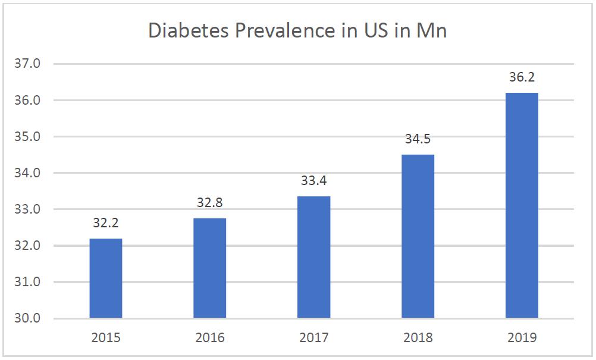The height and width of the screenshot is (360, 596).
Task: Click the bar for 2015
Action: click(106, 278)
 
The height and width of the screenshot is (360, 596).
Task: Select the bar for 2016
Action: click(210, 268)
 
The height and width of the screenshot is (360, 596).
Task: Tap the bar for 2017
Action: click(314, 257)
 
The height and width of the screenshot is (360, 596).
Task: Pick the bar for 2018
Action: click(418, 236)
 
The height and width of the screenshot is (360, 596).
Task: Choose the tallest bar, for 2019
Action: click(522, 205)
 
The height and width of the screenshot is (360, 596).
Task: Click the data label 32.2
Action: click(106, 224)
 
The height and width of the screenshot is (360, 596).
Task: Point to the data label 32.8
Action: click(210, 204)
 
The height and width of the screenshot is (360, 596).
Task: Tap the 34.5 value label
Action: click(418, 140)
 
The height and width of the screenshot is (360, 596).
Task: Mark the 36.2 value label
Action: click(522, 78)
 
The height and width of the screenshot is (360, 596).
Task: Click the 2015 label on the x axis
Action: click(106, 338)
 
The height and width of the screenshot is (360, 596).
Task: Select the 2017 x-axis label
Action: click(314, 338)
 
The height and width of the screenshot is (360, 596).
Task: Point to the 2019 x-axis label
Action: click(522, 338)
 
